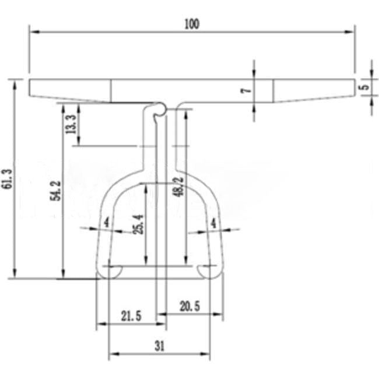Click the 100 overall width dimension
tap(191, 24)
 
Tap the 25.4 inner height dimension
tap(138, 223)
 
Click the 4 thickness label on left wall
tap(106, 223)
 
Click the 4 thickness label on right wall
tap(213, 223)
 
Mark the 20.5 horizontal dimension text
tap(190, 306)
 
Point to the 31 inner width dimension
tap(159, 345)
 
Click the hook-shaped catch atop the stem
tap(157, 111)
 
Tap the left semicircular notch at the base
tap(113, 271)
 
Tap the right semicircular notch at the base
tap(206, 271)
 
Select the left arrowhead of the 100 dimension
tap(33, 31)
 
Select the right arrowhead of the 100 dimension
tap(351, 31)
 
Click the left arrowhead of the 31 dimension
tap(112, 353)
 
